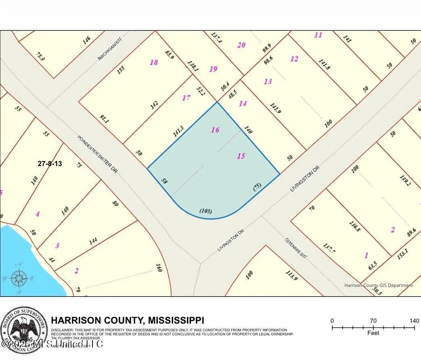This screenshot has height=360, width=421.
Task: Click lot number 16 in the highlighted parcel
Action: point(215,130)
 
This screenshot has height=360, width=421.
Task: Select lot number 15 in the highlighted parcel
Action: point(241,156)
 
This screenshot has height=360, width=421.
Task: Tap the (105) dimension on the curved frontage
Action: point(206,211)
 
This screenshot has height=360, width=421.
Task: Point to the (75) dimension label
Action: point(257,186)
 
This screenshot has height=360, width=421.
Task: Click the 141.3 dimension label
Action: point(178,131)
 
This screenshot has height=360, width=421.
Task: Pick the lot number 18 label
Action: point(154,62)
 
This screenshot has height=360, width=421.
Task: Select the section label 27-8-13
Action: point(50,164)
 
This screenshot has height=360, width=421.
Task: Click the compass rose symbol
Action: point(19,278)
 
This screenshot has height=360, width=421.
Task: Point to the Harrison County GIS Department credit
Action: point(378,285)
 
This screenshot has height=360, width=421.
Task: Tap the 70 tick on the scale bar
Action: point(373,321)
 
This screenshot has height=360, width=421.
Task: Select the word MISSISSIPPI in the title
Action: point(176,320)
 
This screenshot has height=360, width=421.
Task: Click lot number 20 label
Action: point(241,45)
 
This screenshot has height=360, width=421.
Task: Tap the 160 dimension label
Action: point(158,268)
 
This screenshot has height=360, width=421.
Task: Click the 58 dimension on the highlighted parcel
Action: point(164,181)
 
